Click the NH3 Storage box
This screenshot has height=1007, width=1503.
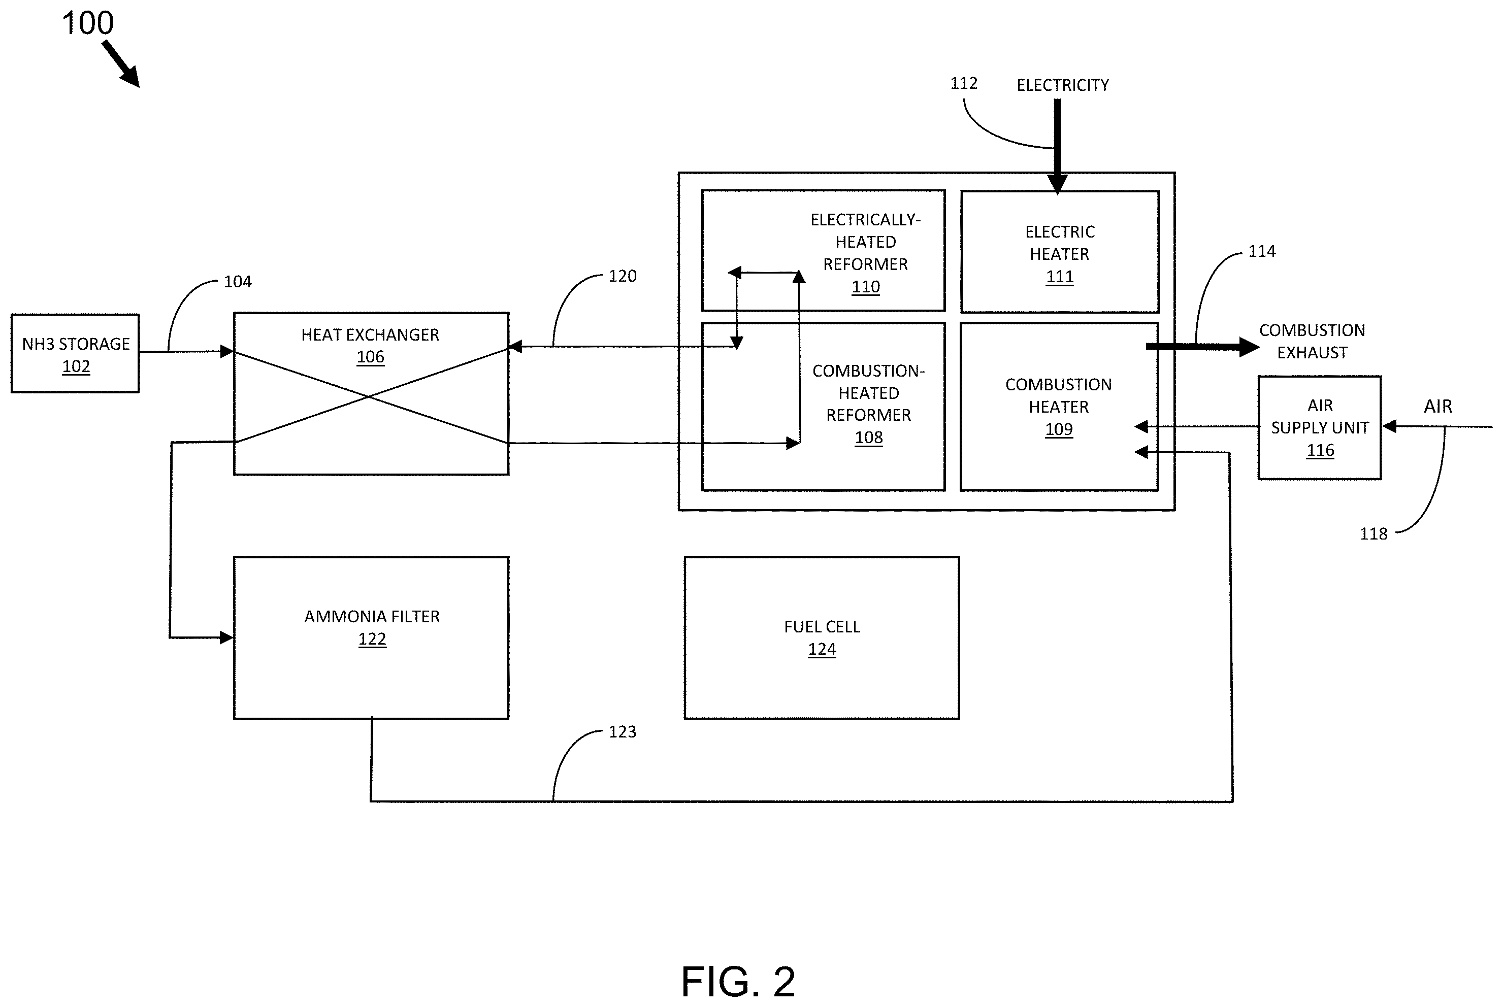[x=75, y=353]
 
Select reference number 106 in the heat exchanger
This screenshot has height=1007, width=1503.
[x=371, y=357]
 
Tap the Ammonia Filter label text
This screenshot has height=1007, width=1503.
[x=372, y=617]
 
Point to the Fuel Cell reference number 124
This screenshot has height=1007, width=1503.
[x=822, y=649]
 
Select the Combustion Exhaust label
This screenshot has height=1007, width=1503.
[x=1312, y=341]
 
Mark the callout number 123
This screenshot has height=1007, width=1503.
[x=623, y=731]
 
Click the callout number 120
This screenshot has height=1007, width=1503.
[x=623, y=276]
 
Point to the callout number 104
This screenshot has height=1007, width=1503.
[x=238, y=281]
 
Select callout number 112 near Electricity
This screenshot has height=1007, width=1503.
[x=963, y=83]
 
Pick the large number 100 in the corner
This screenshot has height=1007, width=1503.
[x=88, y=23]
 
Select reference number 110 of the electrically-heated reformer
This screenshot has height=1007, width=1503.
[x=866, y=287]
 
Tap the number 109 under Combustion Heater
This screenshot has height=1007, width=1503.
[x=1059, y=429]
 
